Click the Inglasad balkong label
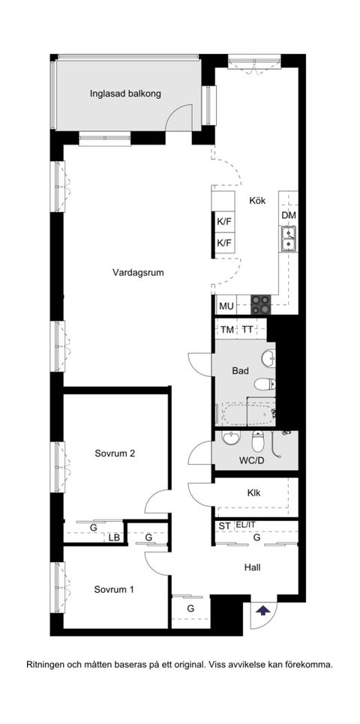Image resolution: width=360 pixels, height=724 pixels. click(125, 94)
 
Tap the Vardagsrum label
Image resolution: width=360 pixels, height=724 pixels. click(138, 273)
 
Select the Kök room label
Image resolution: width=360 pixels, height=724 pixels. click(258, 201)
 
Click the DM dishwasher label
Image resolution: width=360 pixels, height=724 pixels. click(289, 216)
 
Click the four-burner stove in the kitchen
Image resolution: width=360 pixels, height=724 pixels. click(260, 304)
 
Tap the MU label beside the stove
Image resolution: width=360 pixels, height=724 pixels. click(226, 306)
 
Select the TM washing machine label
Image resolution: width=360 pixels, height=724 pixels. click(226, 330)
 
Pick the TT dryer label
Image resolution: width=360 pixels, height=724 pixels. click(247, 330)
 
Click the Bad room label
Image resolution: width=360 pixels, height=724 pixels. click(240, 370)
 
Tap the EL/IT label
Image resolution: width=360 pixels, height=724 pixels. click(245, 525)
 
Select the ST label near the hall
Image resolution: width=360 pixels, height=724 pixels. click(224, 526)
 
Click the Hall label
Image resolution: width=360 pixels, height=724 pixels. click(253, 567)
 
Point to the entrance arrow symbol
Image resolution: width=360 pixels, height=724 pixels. click(262, 610)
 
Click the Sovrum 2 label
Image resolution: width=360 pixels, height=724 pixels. click(115, 453)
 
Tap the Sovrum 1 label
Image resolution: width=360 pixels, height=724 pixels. click(114, 589)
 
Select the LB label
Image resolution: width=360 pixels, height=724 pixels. click(115, 537)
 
